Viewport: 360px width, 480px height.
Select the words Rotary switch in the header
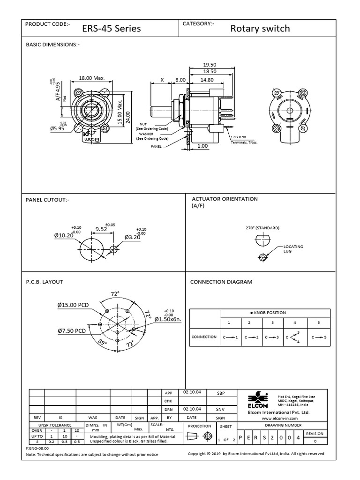[260, 29]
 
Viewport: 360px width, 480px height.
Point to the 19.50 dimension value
[210, 64]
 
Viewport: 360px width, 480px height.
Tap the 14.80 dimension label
[207, 80]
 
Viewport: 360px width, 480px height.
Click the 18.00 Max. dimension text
[91, 78]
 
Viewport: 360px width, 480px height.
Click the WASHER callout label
[146, 134]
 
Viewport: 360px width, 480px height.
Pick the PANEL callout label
[156, 147]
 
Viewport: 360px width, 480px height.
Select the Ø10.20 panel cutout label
[64, 235]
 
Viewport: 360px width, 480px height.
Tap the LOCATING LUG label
[293, 248]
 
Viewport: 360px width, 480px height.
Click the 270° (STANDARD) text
[262, 228]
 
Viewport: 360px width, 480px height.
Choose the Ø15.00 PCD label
[73, 305]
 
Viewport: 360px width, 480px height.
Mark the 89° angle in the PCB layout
[103, 343]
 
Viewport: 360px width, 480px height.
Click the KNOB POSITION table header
[269, 313]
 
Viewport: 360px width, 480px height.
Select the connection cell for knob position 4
[294, 337]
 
